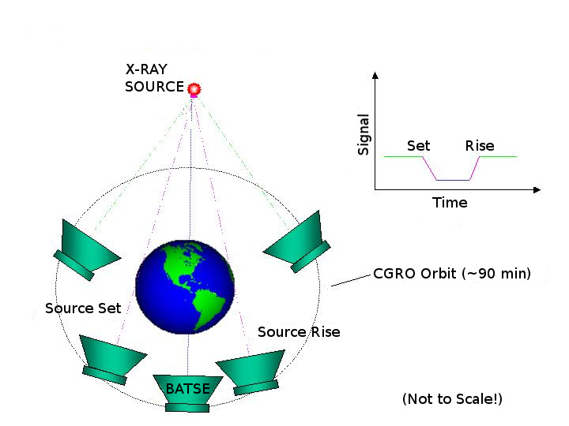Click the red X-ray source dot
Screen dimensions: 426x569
[193, 89]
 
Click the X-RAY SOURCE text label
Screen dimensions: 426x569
[154, 78]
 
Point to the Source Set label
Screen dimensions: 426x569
[83, 308]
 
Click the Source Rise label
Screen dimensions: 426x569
[299, 332]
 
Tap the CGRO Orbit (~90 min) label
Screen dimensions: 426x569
[451, 275]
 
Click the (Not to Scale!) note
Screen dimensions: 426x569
[451, 398]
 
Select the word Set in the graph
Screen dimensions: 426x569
[418, 146]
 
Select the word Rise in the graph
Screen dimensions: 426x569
[480, 146]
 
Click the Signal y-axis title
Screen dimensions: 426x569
[364, 134]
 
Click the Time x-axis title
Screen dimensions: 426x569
[450, 203]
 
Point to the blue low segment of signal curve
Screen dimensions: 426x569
[454, 181]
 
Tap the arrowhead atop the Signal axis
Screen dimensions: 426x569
[375, 75]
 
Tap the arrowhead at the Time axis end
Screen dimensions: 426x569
[537, 190]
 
